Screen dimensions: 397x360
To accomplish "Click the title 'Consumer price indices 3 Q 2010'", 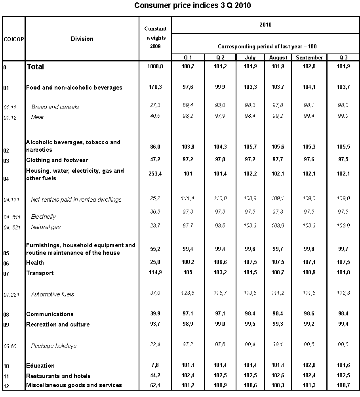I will pyautogui.click(x=192, y=5).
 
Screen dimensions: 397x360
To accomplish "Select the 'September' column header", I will pyautogui.click(x=309, y=58).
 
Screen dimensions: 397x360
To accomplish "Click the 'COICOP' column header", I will pyautogui.click(x=13, y=39).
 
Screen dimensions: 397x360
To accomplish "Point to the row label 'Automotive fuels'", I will pyautogui.click(x=53, y=294).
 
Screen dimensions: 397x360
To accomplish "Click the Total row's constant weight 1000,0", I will pyautogui.click(x=155, y=66).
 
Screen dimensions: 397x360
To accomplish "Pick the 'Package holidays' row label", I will pyautogui.click(x=53, y=346).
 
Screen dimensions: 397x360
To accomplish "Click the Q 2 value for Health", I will pyautogui.click(x=220, y=263).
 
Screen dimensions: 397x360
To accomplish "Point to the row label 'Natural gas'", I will pyautogui.click(x=46, y=227).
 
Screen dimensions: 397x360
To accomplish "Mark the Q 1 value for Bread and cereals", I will pyautogui.click(x=188, y=105).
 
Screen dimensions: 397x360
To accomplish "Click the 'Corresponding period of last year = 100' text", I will pyautogui.click(x=265, y=46).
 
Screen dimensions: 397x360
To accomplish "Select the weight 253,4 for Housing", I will pyautogui.click(x=155, y=174).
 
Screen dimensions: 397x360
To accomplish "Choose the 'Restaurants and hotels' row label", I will pyautogui.click(x=58, y=376).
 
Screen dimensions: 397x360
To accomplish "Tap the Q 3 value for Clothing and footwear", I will pyautogui.click(x=343, y=160).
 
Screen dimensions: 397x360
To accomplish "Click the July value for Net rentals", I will pyautogui.click(x=250, y=198).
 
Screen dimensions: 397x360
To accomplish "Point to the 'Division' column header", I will pyautogui.click(x=82, y=39).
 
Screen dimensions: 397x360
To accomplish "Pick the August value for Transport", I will pyautogui.click(x=278, y=273).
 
